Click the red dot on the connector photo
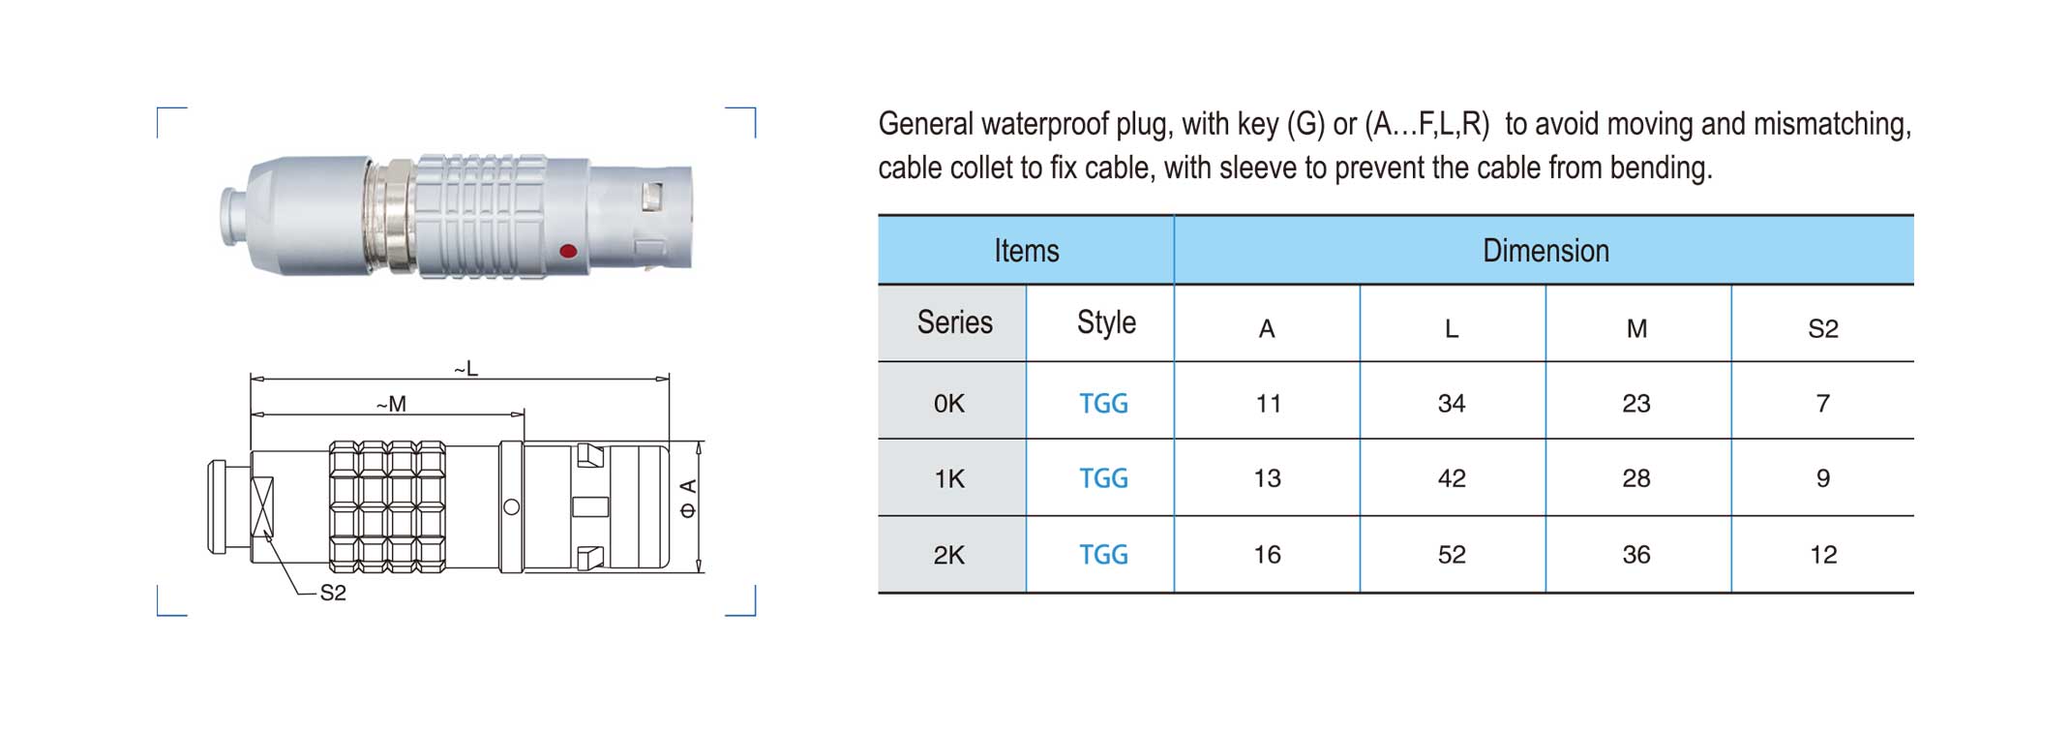[568, 252]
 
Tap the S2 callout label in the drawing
[333, 593]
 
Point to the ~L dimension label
[466, 368]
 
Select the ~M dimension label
[391, 404]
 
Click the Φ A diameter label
[688, 498]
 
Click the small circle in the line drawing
[512, 506]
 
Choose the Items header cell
[1027, 251]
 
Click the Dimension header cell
[1545, 251]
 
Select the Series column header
[954, 322]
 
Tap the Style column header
[1106, 322]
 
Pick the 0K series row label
[949, 403]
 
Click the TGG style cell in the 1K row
[1104, 478]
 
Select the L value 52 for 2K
[1452, 555]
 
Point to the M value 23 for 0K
[1636, 403]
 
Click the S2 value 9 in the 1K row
[1823, 478]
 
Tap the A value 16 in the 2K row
[1268, 555]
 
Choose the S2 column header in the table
[1823, 329]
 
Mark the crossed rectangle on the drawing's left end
[262, 506]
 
